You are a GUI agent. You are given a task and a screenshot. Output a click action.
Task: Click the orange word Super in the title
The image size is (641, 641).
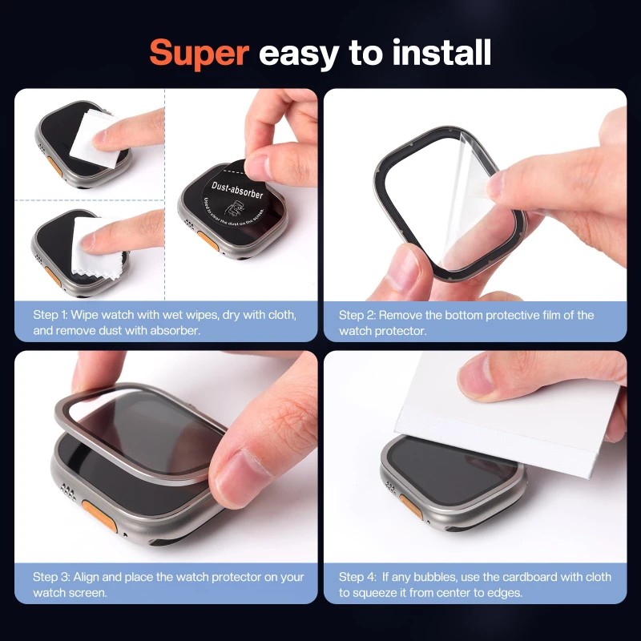pyautogui.click(x=200, y=53)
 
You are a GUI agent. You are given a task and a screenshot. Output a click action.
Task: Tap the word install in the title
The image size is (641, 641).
pyautogui.click(x=441, y=53)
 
